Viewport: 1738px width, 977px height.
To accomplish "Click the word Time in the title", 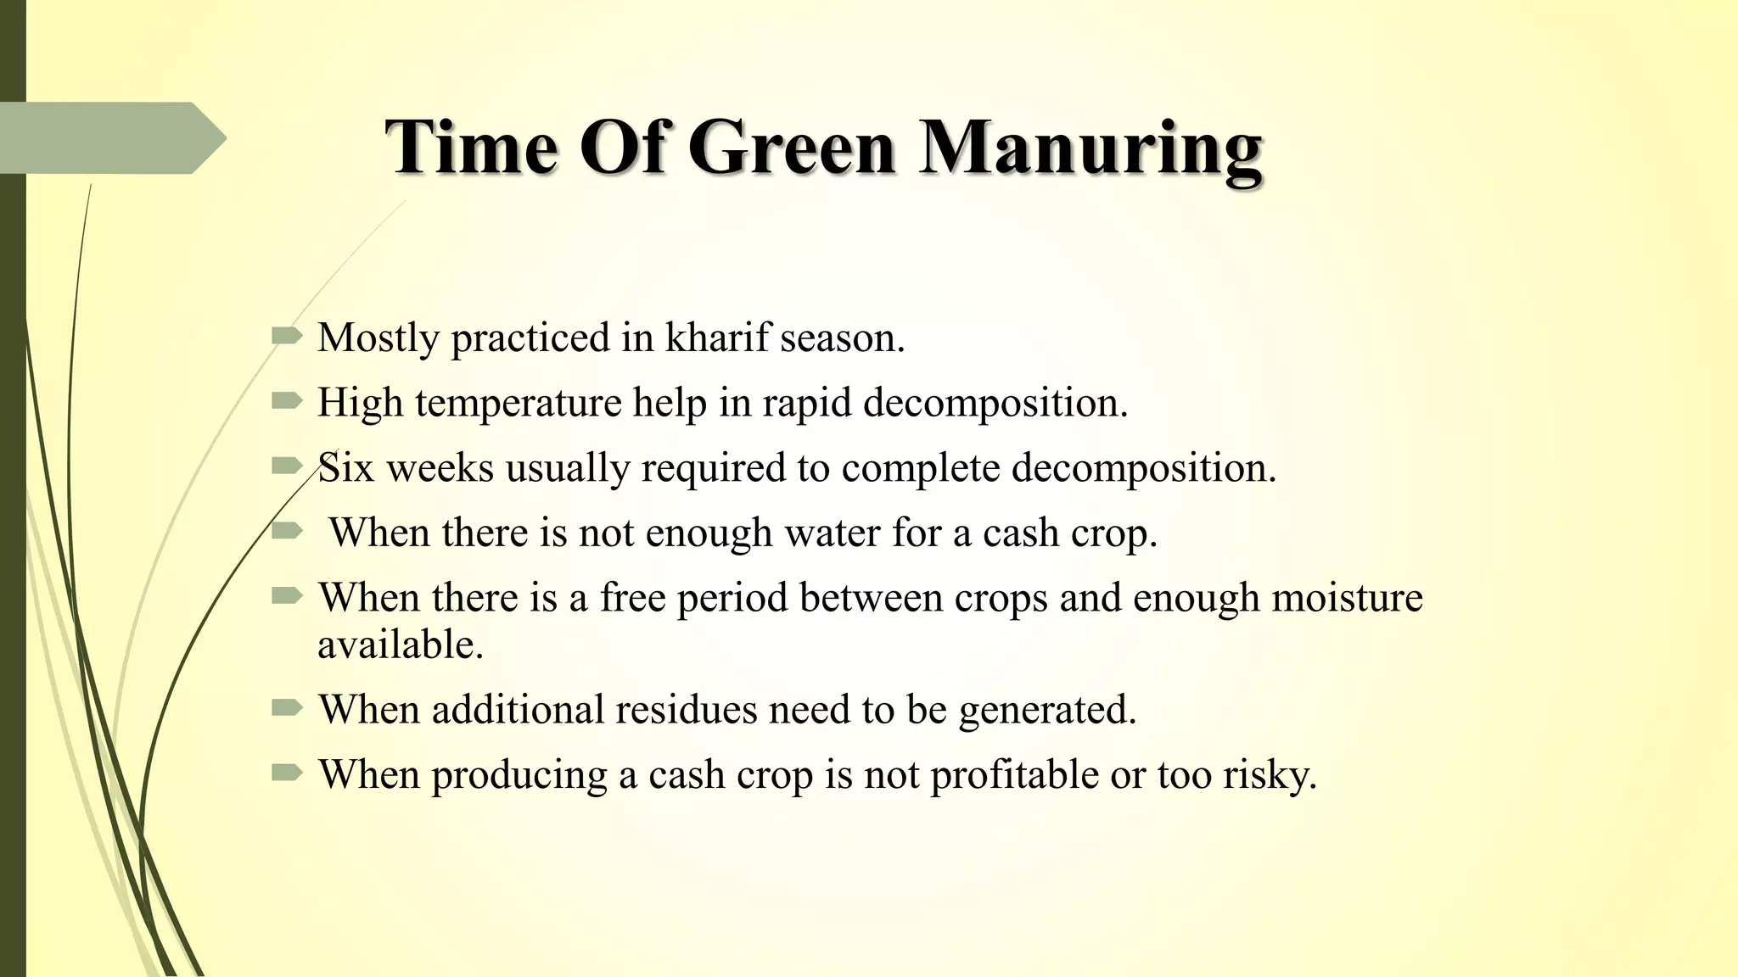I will [x=471, y=148].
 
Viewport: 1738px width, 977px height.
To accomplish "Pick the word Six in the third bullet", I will [x=345, y=467].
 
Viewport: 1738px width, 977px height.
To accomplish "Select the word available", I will [x=400, y=645].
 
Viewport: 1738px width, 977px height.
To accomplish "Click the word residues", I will [x=686, y=709].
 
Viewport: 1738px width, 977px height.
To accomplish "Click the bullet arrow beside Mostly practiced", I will [x=287, y=337].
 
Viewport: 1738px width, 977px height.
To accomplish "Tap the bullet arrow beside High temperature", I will [x=287, y=401].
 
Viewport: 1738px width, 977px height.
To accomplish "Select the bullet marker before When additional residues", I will [x=287, y=707].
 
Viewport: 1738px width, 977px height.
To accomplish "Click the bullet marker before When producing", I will [x=287, y=773].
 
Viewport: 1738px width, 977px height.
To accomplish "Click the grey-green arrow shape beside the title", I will [x=110, y=137].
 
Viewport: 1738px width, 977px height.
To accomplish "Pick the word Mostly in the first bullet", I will [x=378, y=338].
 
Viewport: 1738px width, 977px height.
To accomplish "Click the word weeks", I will [x=440, y=467].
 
